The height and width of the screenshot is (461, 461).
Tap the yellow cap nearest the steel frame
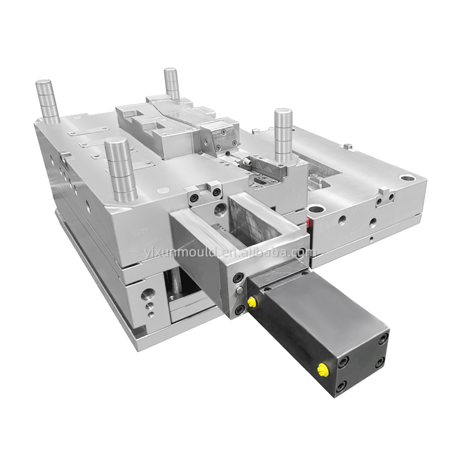tap(251, 301)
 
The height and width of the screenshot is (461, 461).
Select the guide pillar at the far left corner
tap(48, 101)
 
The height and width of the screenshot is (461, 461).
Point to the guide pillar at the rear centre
tap(172, 83)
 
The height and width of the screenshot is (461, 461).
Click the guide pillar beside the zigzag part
tap(283, 132)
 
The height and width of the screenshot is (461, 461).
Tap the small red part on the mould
tap(309, 223)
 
